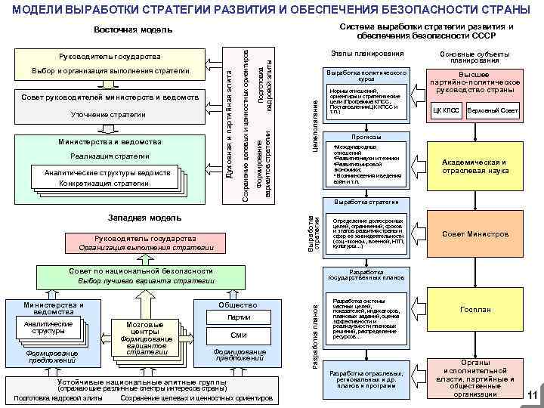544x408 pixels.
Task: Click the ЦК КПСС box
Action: click(x=446, y=111)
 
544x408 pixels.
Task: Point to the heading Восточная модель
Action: click(x=133, y=30)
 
